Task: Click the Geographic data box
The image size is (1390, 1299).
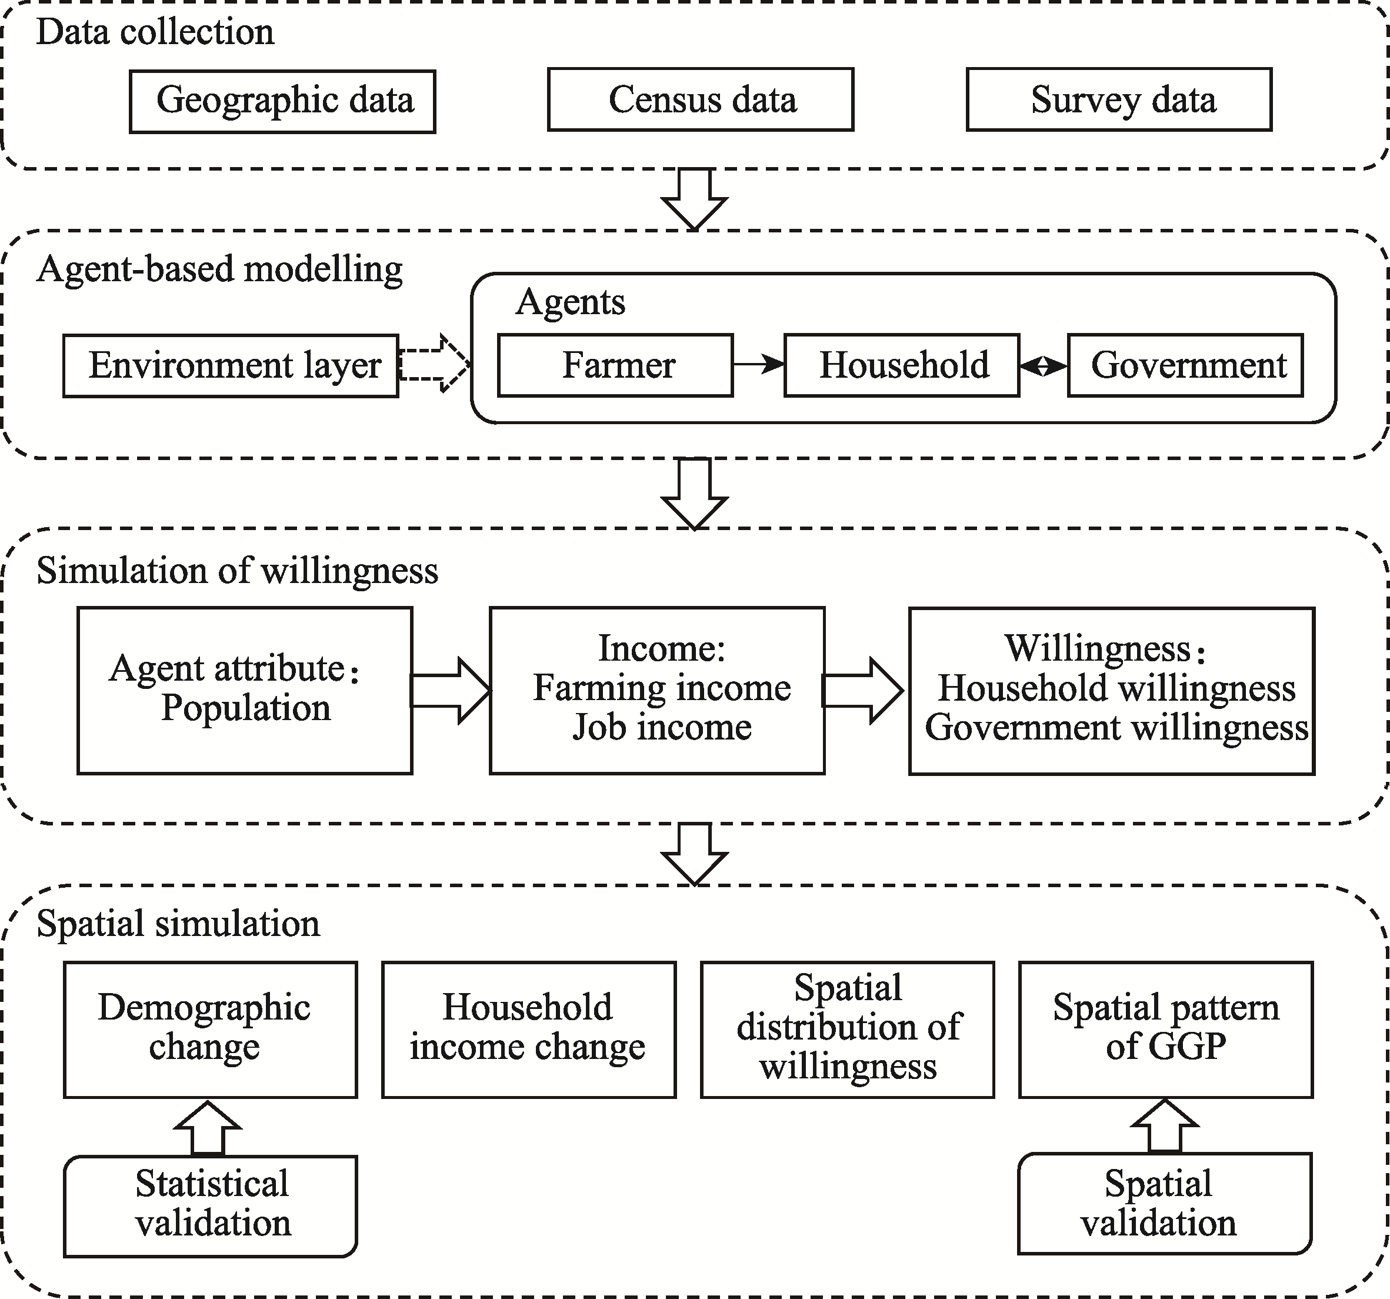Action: (282, 101)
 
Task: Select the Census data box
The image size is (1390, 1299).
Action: (701, 99)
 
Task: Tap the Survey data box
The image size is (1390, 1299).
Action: (1119, 99)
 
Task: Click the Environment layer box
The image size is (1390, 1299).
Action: (231, 366)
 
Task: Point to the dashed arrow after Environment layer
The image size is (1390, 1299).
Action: (434, 364)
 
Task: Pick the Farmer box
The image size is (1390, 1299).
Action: (615, 365)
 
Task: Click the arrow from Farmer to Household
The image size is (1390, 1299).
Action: (759, 364)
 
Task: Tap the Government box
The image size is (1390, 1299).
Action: (1185, 365)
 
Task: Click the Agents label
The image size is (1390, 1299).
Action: (571, 302)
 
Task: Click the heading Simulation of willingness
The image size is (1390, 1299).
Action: (237, 571)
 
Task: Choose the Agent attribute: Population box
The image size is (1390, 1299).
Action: (245, 690)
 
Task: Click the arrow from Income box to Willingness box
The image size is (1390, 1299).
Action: (863, 690)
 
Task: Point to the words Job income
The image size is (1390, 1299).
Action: (661, 727)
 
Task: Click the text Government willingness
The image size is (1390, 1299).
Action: (1116, 727)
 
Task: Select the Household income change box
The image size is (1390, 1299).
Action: (529, 1029)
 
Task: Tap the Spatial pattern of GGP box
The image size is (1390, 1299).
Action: (1165, 1029)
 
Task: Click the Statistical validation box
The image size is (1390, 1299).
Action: (211, 1205)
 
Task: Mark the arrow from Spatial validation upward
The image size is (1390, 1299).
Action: (1165, 1125)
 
